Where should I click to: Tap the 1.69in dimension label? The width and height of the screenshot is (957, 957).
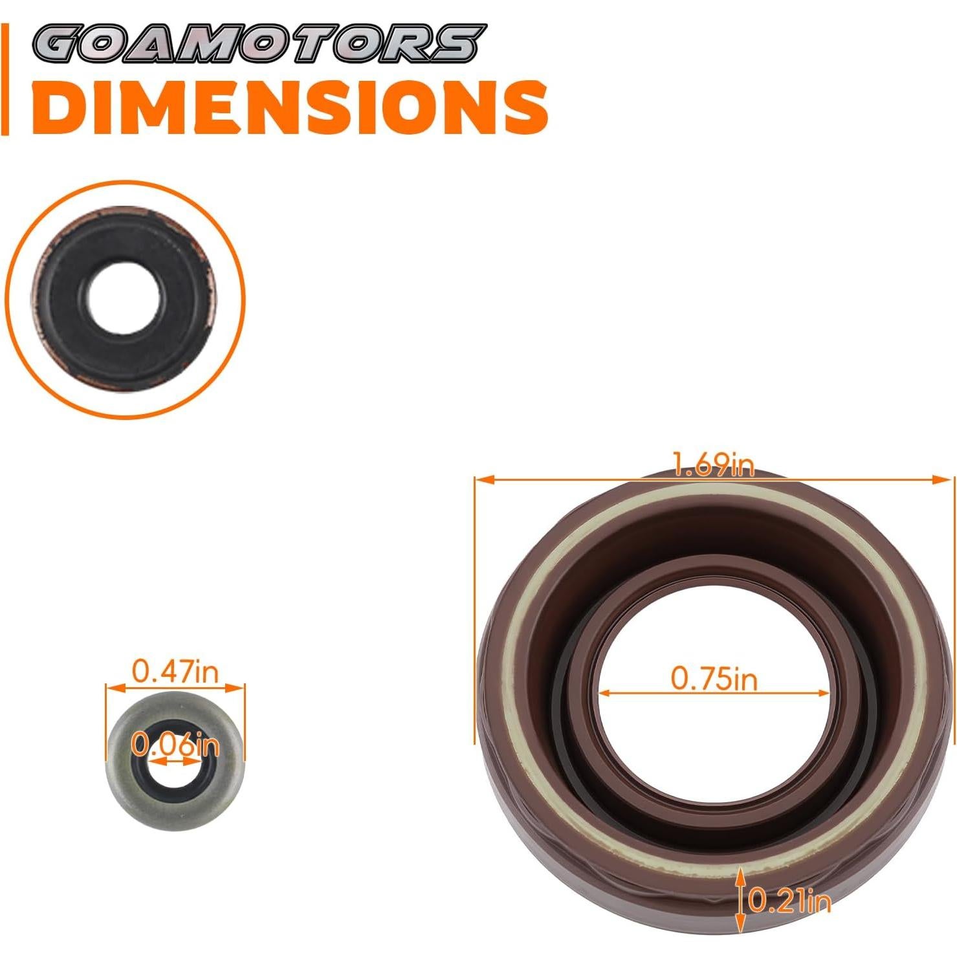(x=714, y=465)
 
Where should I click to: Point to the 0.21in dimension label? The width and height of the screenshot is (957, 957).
(x=789, y=901)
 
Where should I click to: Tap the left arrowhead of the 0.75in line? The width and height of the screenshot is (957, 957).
(x=606, y=694)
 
